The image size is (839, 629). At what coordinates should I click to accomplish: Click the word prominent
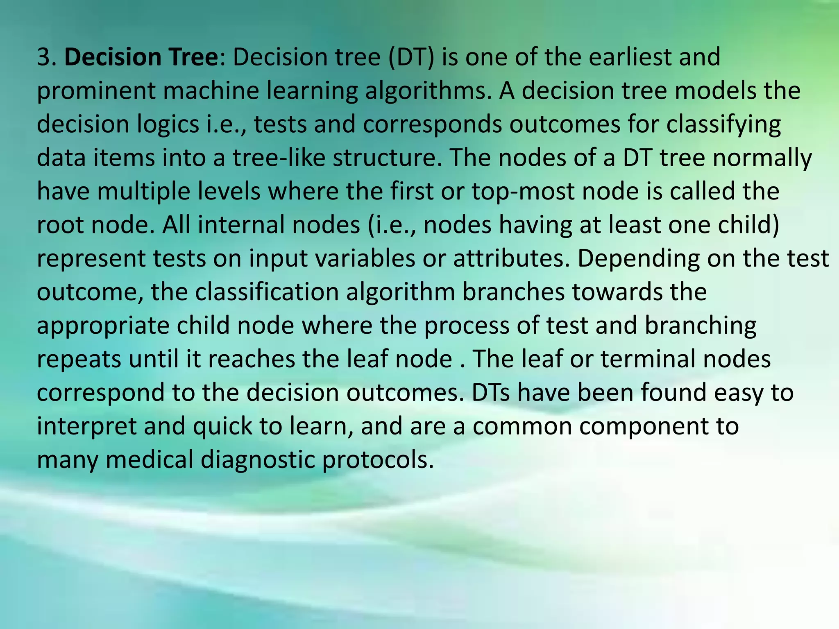tap(96, 91)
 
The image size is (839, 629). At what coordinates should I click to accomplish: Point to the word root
tap(60, 225)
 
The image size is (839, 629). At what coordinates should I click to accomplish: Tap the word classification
tap(267, 292)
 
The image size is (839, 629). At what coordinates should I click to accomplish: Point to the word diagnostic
tap(258, 460)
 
